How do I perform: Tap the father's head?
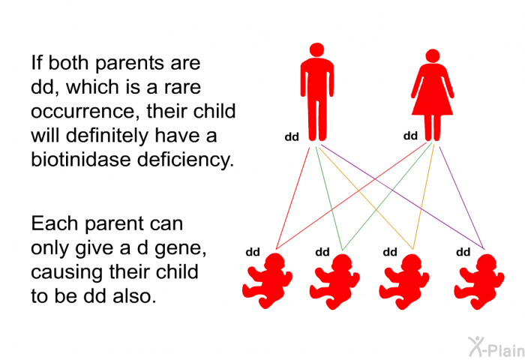(x=316, y=49)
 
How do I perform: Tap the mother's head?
(x=433, y=56)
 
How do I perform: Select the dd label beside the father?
(x=292, y=137)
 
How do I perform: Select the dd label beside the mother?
(x=410, y=136)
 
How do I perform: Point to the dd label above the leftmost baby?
(x=253, y=252)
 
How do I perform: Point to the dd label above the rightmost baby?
(x=463, y=252)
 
